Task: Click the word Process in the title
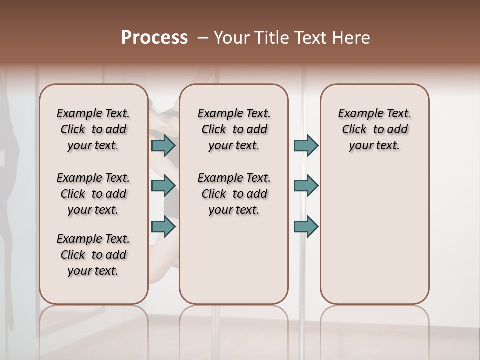154,38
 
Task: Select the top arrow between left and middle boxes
163,145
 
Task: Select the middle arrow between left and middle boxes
163,186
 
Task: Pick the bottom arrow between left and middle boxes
163,227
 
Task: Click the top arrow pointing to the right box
306,145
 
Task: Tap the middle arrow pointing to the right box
306,186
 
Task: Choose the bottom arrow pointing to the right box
306,227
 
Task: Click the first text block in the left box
93,129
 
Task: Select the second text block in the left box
93,194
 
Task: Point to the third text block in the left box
93,255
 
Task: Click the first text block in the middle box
234,129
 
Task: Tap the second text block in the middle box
234,194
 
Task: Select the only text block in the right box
374,129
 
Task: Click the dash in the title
202,38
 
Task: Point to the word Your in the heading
231,38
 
